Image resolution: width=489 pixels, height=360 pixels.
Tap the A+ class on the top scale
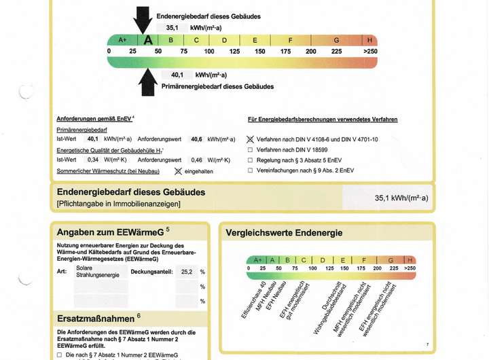click(123, 40)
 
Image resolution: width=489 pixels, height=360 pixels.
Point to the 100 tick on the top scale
click(209, 52)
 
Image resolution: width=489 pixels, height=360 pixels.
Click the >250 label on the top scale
click(370, 52)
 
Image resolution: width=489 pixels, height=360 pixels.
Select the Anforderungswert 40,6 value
click(196, 139)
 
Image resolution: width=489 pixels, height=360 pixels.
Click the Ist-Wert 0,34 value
click(93, 160)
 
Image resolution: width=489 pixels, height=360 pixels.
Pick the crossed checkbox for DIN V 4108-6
click(251, 139)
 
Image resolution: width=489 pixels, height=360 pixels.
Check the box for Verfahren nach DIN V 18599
click(251, 149)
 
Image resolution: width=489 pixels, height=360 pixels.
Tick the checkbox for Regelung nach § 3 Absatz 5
click(251, 160)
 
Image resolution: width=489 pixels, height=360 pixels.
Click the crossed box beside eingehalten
click(179, 171)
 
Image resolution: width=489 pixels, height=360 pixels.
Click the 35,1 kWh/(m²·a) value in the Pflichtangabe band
click(406, 199)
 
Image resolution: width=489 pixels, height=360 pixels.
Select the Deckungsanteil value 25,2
click(185, 272)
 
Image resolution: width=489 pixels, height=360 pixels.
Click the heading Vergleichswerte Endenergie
click(284, 233)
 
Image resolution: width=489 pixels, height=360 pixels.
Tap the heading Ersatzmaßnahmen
click(94, 317)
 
